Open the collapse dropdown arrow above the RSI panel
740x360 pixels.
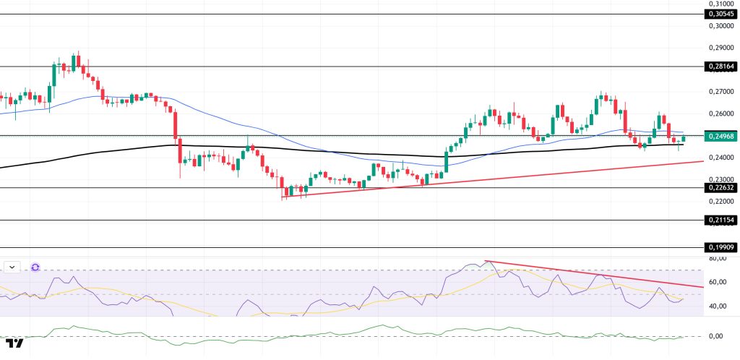click(x=12, y=267)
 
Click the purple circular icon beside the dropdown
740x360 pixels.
click(x=35, y=267)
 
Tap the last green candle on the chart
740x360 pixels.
click(x=684, y=139)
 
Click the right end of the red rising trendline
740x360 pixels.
click(x=702, y=161)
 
